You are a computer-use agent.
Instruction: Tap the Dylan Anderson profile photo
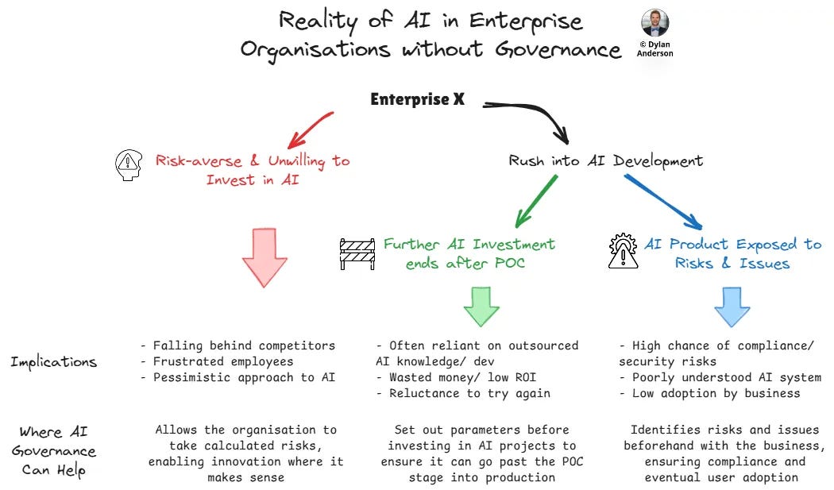click(x=654, y=23)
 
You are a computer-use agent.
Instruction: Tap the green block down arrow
click(x=481, y=305)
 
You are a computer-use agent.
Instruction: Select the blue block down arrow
click(x=732, y=306)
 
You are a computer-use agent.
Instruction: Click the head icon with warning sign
click(x=128, y=165)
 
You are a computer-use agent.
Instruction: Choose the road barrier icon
click(x=357, y=253)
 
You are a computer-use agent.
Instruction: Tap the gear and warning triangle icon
click(x=624, y=251)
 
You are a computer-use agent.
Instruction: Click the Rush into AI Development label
click(x=606, y=160)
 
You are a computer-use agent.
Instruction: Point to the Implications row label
click(x=53, y=362)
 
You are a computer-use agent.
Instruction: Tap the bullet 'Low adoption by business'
click(x=710, y=393)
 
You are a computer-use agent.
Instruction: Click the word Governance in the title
click(x=558, y=50)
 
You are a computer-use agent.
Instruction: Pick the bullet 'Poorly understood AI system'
click(x=720, y=377)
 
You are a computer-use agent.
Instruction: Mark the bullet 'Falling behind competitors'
click(x=237, y=345)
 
